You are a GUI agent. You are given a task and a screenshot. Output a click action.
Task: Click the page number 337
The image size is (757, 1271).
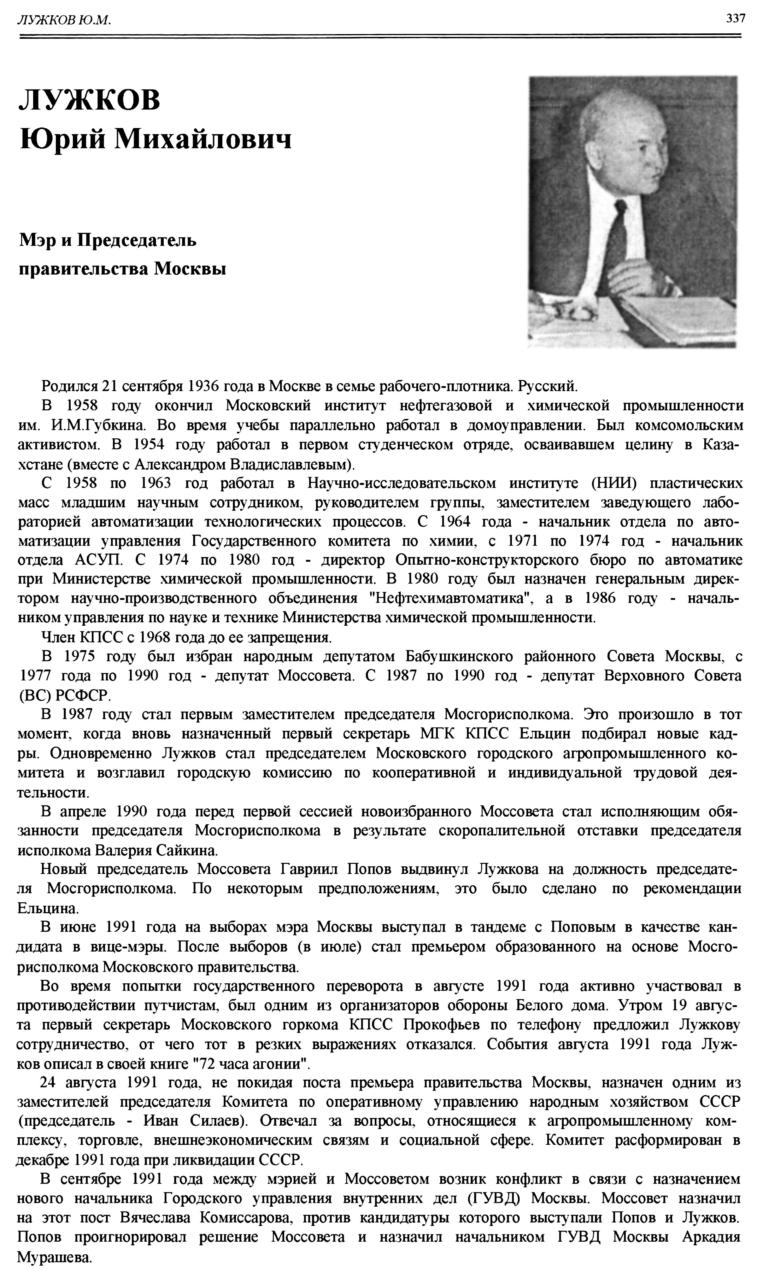[x=736, y=19]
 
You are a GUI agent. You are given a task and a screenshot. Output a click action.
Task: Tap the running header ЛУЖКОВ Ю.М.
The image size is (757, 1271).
[x=64, y=20]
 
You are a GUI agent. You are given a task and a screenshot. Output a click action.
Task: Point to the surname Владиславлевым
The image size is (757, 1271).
[x=292, y=464]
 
